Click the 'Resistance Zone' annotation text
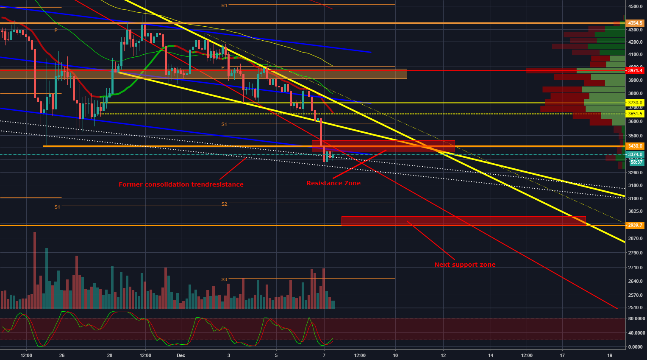coord(333,183)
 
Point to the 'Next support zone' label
coord(465,265)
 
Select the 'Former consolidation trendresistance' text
coord(181,184)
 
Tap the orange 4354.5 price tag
coord(635,23)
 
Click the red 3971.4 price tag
coord(635,70)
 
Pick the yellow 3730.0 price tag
coord(635,103)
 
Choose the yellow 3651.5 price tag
coord(635,114)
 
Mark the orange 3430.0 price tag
coord(635,146)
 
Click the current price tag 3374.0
coord(635,155)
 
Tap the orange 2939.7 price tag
coord(635,225)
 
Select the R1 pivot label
coord(224,6)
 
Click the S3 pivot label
coord(224,279)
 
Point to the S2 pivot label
coord(224,204)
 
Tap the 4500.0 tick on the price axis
coord(636,6)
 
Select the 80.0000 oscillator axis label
coord(636,318)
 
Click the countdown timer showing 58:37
coord(636,162)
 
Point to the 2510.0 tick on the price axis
coord(636,307)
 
